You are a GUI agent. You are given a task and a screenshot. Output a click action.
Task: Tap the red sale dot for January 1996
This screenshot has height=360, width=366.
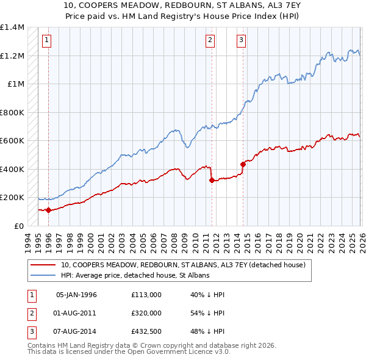pyautogui.click(x=48, y=210)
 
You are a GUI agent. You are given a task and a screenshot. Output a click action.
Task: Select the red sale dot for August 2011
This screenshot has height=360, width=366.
pyautogui.click(x=212, y=181)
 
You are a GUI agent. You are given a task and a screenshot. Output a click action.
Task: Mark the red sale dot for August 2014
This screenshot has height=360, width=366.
pyautogui.click(x=243, y=164)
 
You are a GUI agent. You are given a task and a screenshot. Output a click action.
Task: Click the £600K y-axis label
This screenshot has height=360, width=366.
pyautogui.click(x=12, y=141)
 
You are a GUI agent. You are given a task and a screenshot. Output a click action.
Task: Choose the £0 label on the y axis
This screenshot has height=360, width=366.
pyautogui.click(x=18, y=226)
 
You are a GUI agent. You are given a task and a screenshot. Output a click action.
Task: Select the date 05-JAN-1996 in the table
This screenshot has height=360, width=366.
pyautogui.click(x=76, y=295)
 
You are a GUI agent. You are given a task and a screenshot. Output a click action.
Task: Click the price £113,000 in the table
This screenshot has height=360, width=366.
pyautogui.click(x=147, y=295)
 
